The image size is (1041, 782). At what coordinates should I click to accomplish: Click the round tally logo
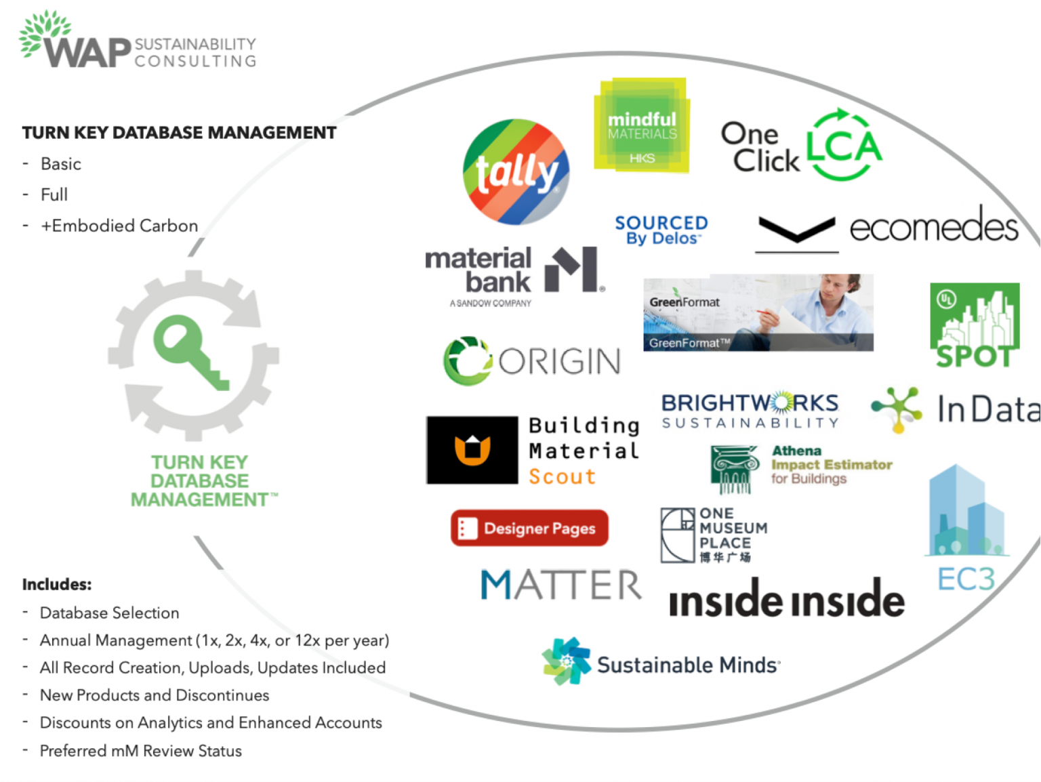click(x=516, y=171)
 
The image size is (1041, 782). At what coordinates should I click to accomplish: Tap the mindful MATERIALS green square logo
click(x=642, y=125)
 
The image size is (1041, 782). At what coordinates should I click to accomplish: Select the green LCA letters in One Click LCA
click(x=844, y=145)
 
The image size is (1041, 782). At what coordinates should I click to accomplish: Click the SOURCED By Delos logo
click(x=661, y=230)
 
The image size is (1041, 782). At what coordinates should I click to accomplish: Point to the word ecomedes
click(x=933, y=226)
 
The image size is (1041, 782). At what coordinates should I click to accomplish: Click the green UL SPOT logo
click(x=975, y=325)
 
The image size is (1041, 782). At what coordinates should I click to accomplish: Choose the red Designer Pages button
click(x=529, y=528)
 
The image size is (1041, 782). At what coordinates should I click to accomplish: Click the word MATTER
click(x=561, y=585)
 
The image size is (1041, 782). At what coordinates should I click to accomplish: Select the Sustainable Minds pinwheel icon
click(x=565, y=661)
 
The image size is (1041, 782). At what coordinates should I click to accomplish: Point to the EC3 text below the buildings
click(x=966, y=579)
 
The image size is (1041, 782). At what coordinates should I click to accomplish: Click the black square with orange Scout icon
click(x=472, y=450)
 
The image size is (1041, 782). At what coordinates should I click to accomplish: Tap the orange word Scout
click(x=562, y=477)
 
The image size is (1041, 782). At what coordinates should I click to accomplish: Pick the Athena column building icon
click(x=733, y=468)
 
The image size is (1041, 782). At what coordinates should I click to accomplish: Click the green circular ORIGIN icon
click(x=467, y=361)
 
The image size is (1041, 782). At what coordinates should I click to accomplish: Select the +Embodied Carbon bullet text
click(x=119, y=226)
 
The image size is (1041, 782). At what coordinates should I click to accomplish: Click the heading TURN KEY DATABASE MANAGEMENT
click(x=179, y=133)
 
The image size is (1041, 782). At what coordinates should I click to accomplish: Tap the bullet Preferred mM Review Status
click(x=140, y=751)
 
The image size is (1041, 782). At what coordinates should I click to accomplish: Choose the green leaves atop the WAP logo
click(x=45, y=30)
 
